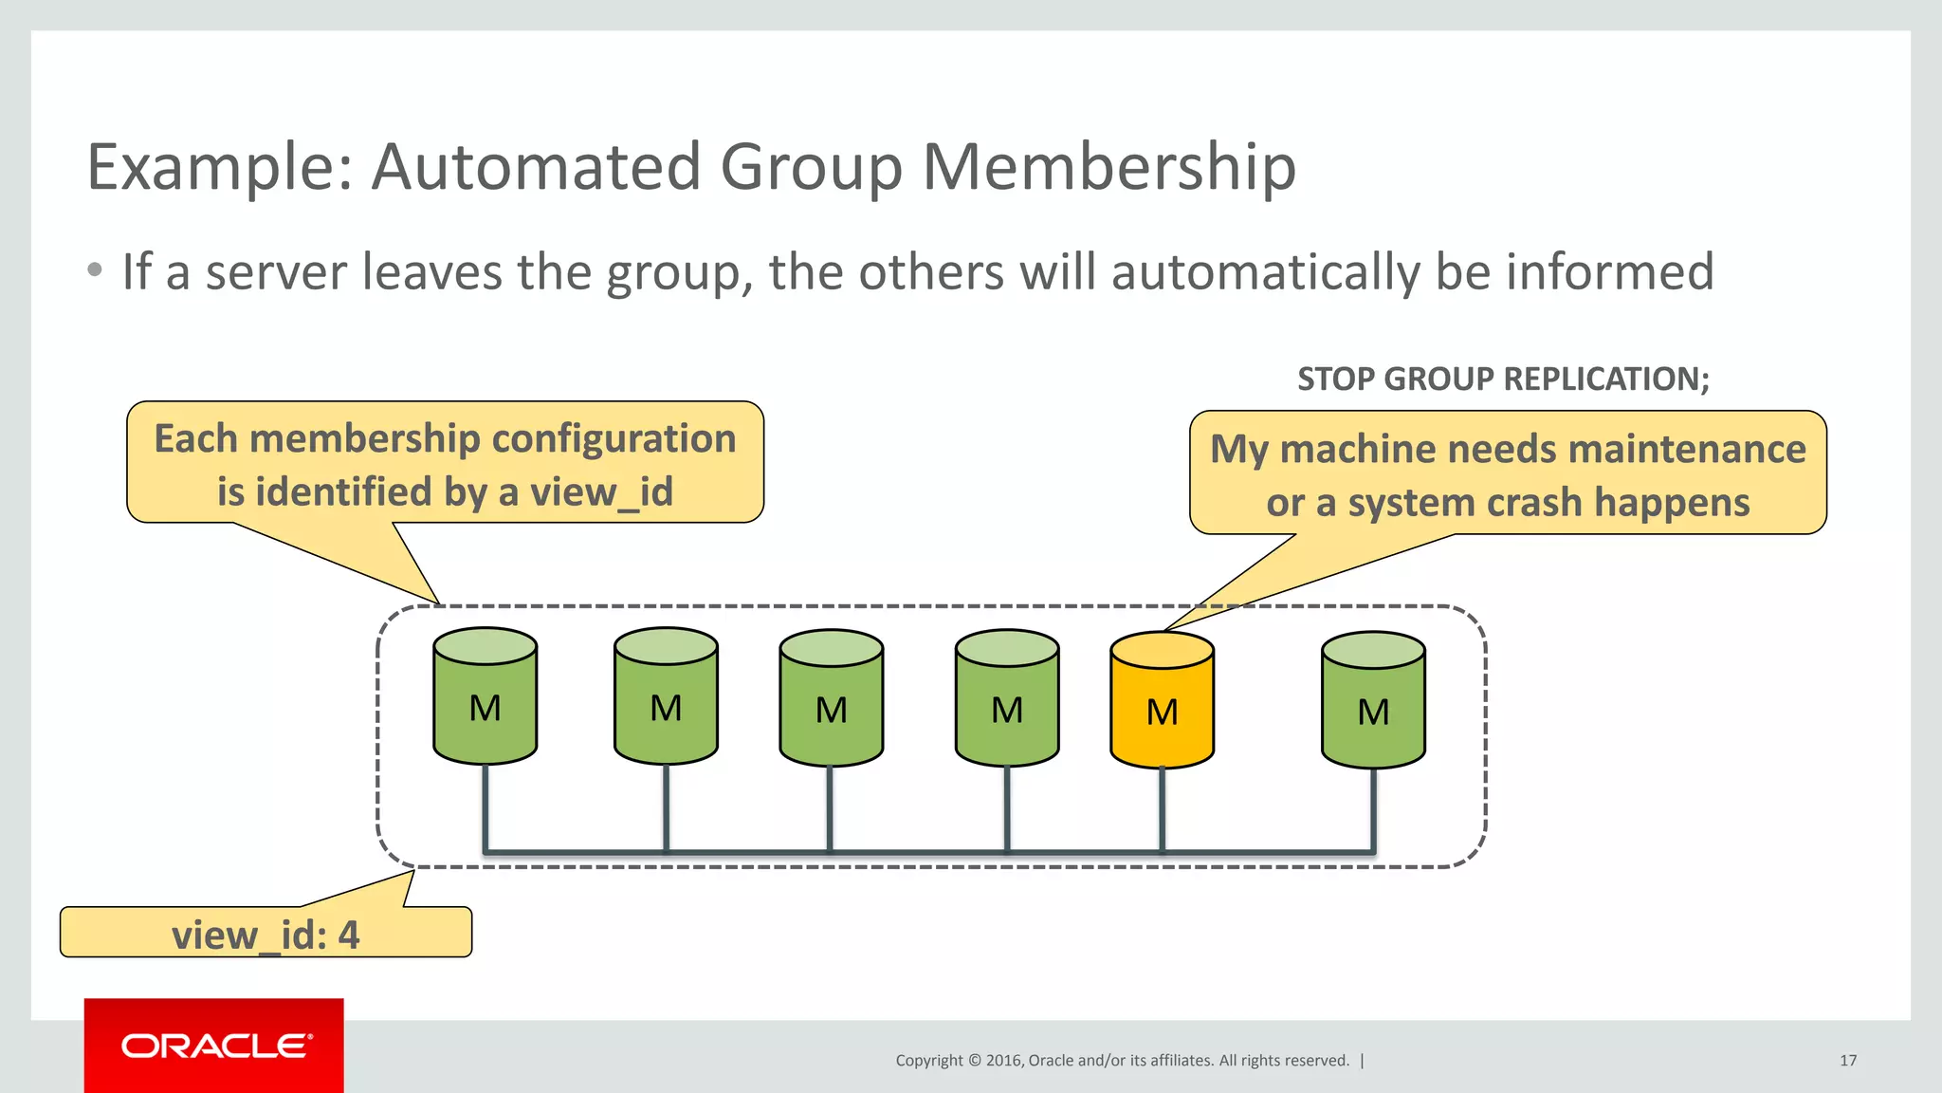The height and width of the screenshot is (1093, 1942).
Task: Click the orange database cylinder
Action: pyautogui.click(x=1162, y=702)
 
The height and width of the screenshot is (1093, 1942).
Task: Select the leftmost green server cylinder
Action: pyautogui.click(x=485, y=697)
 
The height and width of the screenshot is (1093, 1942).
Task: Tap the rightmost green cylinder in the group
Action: pyautogui.click(x=1373, y=702)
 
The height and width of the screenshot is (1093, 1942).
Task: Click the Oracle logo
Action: pyautogui.click(x=214, y=1046)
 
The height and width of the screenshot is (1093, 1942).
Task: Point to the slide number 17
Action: pyautogui.click(x=1847, y=1061)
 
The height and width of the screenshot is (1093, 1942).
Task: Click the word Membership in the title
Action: pyautogui.click(x=1108, y=167)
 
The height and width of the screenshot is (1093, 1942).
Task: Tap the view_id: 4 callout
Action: pyautogui.click(x=266, y=935)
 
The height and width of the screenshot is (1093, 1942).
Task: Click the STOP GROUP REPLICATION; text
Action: pyautogui.click(x=1503, y=380)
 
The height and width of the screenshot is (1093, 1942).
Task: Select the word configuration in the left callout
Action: pyautogui.click(x=614, y=439)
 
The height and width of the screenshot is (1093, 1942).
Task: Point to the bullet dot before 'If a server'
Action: pyautogui.click(x=94, y=270)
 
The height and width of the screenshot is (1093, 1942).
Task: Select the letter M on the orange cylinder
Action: pyautogui.click(x=1162, y=713)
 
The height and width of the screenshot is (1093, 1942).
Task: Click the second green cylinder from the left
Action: pyautogui.click(x=666, y=697)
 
